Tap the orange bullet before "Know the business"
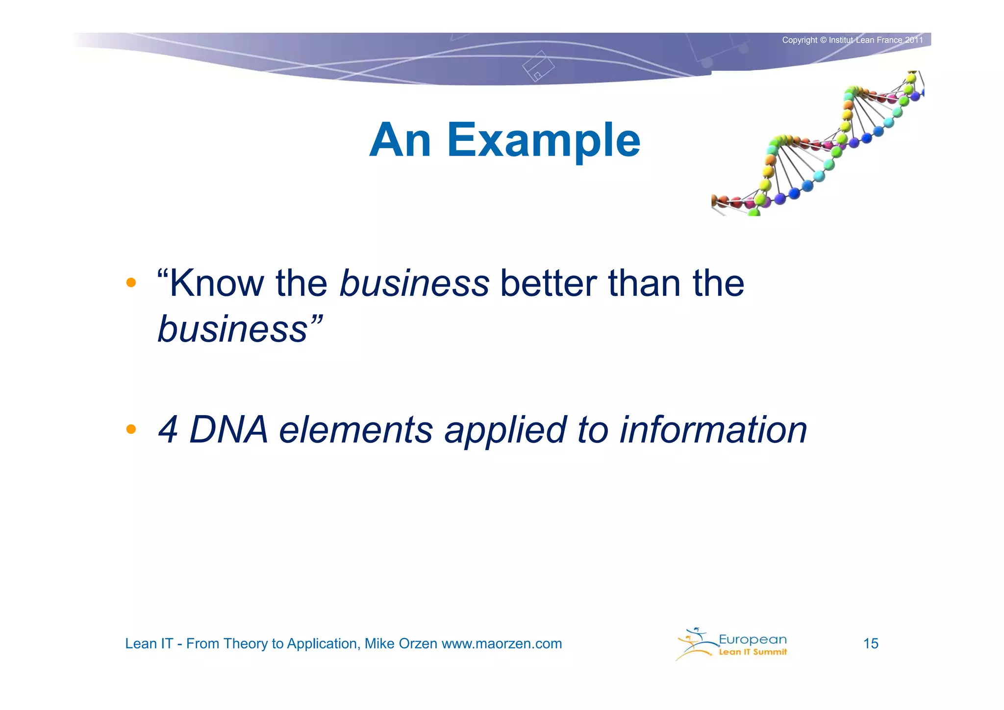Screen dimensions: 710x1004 point(131,283)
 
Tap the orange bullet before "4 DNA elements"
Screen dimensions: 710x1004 point(131,429)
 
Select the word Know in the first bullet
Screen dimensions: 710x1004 point(217,284)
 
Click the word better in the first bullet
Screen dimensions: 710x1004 point(548,284)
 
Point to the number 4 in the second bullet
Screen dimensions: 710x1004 point(168,430)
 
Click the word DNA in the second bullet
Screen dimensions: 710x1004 point(228,430)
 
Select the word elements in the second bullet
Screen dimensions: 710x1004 point(356,430)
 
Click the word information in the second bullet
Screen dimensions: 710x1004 point(713,430)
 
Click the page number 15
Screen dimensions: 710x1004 point(871,643)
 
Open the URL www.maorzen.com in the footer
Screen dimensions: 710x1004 point(502,643)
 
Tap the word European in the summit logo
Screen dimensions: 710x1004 point(753,639)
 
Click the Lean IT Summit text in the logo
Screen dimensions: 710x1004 point(753,652)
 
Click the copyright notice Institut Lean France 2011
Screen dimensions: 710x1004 point(876,40)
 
